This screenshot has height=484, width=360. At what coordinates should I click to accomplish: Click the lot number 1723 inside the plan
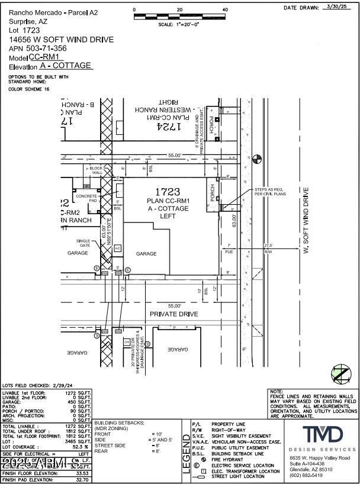click(167, 192)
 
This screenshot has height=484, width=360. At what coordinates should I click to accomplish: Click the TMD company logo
click(322, 434)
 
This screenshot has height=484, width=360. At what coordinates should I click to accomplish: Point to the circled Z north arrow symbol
click(340, 374)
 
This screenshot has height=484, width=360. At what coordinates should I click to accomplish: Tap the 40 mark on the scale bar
click(224, 10)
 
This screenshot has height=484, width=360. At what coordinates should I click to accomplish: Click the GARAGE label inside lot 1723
click(146, 253)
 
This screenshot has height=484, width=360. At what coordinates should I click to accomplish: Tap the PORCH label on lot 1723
click(211, 193)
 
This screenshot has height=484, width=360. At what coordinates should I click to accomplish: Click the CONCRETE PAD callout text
click(86, 198)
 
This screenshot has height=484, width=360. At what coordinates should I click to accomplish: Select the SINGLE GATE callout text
click(83, 243)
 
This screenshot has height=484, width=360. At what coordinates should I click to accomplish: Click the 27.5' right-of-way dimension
click(268, 246)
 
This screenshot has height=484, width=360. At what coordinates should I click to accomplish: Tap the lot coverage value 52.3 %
click(80, 446)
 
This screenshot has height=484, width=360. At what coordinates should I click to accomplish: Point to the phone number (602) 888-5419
click(306, 475)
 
